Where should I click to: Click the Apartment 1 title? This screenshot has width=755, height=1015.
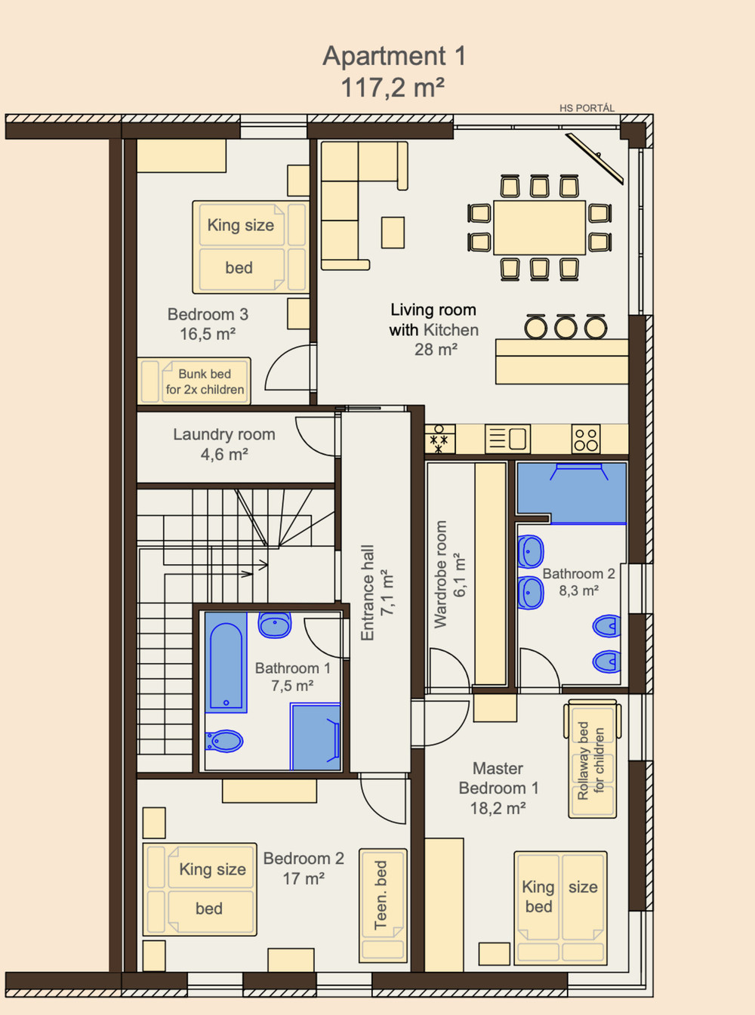click(x=394, y=56)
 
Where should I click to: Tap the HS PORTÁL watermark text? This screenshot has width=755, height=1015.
click(x=587, y=109)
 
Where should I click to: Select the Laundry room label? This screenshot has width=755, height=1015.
click(x=224, y=434)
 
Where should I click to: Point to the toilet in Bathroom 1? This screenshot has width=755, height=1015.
click(x=223, y=741)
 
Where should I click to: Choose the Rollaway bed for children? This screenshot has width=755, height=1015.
click(x=593, y=759)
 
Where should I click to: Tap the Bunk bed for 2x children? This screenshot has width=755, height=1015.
click(x=194, y=381)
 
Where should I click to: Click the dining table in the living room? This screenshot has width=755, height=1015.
click(x=540, y=227)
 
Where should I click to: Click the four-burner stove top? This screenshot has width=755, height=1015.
click(x=586, y=440)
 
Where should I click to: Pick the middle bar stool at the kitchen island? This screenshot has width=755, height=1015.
click(x=566, y=327)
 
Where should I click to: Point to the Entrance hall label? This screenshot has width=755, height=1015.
click(x=368, y=593)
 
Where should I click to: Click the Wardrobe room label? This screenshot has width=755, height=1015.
click(x=440, y=574)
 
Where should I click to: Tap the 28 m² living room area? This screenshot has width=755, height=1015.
click(x=436, y=350)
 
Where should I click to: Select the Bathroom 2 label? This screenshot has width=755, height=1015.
click(x=579, y=573)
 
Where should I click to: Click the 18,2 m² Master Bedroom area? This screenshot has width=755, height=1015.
click(x=498, y=809)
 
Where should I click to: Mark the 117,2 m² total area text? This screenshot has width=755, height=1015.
click(x=393, y=87)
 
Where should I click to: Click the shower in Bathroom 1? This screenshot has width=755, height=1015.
click(x=316, y=737)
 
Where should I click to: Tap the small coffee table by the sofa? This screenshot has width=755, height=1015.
click(x=393, y=233)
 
